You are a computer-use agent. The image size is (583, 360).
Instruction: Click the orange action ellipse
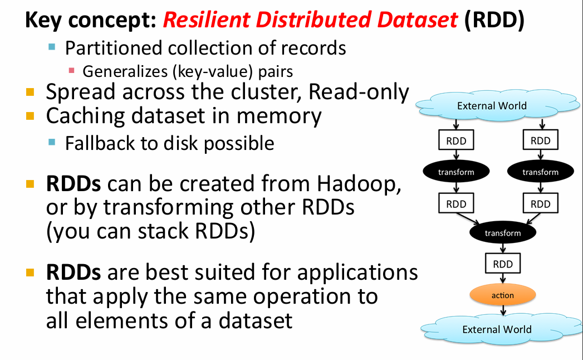coord(502,295)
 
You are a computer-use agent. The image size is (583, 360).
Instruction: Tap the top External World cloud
coord(491,105)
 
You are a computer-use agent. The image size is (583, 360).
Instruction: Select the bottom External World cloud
coord(496,329)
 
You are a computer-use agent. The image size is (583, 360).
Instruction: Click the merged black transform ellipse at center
coord(502,233)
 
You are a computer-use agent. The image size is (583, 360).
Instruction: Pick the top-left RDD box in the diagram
coord(456,141)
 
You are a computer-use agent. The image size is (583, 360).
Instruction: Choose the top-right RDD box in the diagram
coord(540,141)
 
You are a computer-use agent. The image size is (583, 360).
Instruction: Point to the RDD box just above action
coord(502,264)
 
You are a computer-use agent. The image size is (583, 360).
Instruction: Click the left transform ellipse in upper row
coord(456,172)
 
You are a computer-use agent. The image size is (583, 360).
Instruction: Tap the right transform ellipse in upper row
coord(540,172)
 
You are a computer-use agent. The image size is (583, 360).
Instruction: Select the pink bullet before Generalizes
coord(71,70)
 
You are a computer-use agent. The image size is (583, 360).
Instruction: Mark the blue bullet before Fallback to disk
coord(52,142)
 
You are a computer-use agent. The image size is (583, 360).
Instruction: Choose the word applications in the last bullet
coord(357,273)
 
